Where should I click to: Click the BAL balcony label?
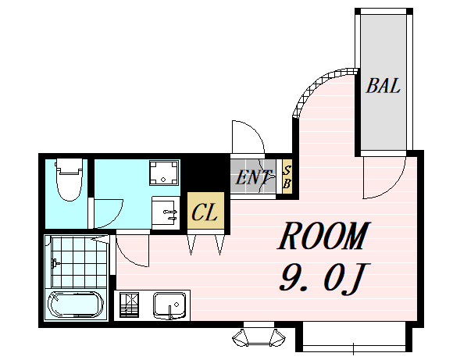point(383,86)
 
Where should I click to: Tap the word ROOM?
point(323,236)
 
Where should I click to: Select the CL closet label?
point(205,212)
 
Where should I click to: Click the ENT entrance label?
point(253,177)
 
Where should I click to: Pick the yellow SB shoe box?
point(287,177)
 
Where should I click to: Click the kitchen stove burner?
point(129,305)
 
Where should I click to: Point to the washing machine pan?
point(164,173)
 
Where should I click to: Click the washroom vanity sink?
point(165,213)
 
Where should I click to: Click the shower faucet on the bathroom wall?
point(55,263)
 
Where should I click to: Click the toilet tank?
point(70,166)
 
